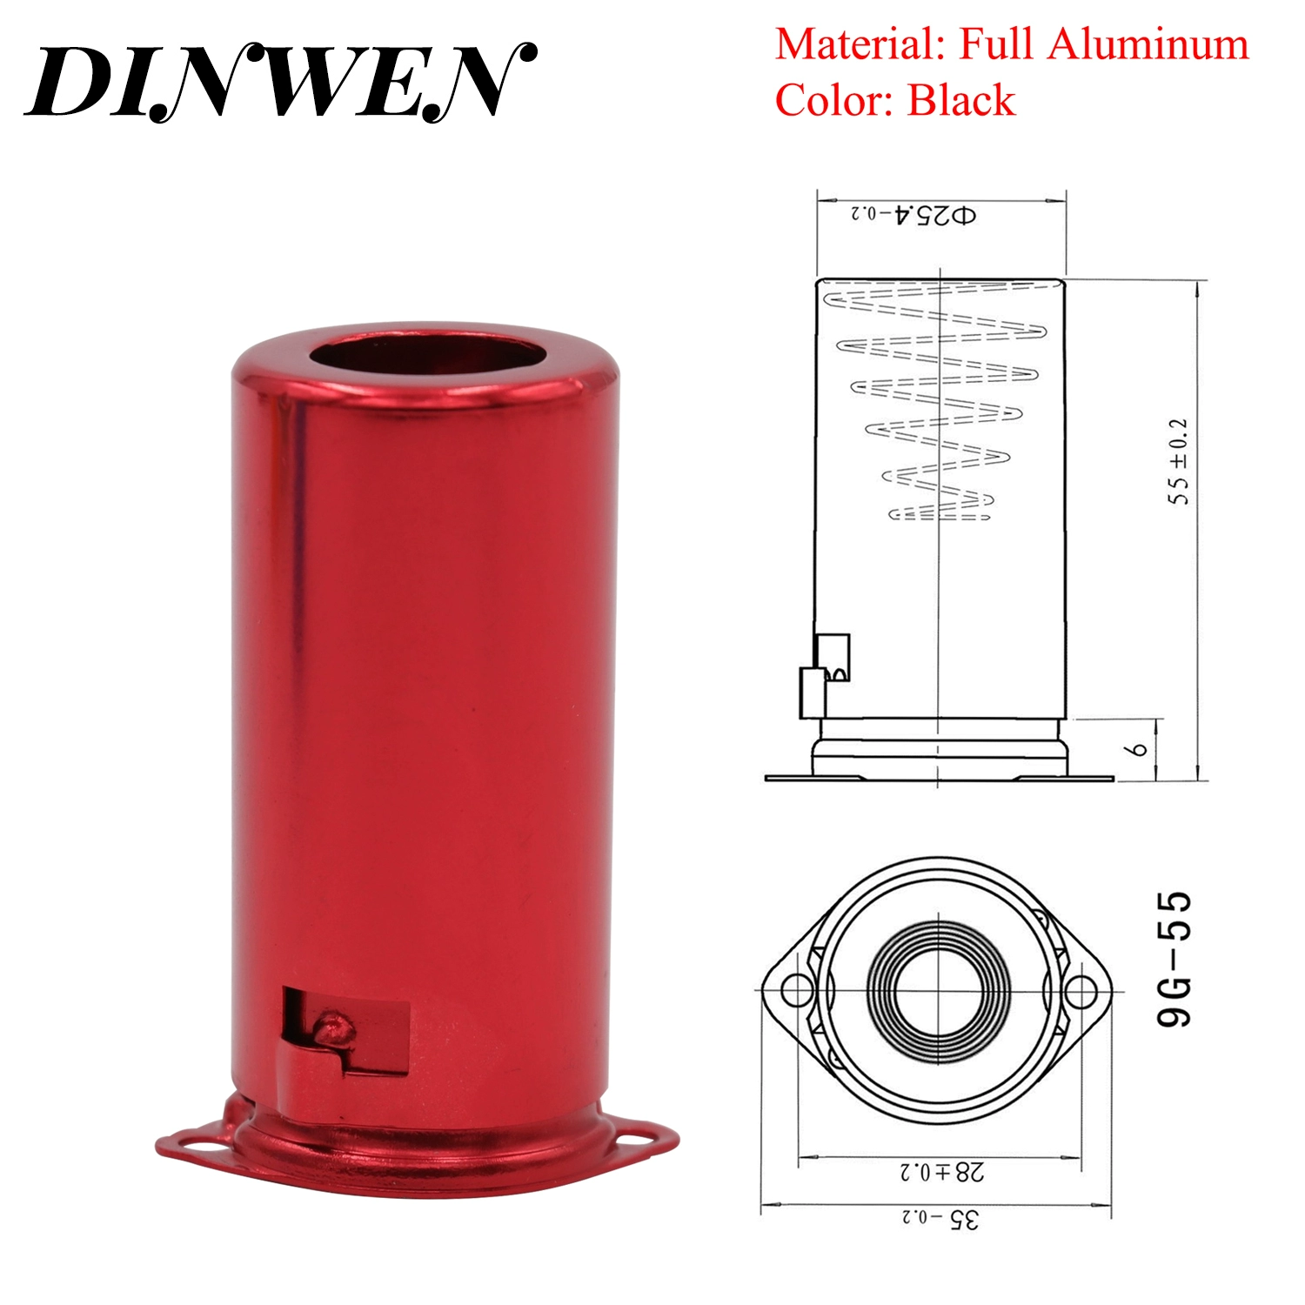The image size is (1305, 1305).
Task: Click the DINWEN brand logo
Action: click(x=280, y=81)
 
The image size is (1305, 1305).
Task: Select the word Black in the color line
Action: click(x=961, y=100)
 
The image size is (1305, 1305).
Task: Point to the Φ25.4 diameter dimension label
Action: click(x=913, y=214)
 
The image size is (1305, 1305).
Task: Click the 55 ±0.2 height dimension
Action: click(x=1178, y=461)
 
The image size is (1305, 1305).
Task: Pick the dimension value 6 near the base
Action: click(x=1139, y=748)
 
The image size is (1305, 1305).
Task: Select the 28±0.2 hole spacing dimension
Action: click(x=942, y=1172)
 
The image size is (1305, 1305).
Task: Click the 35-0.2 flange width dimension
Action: click(x=940, y=1219)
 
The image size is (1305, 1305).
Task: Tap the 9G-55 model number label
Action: click(x=1174, y=959)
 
